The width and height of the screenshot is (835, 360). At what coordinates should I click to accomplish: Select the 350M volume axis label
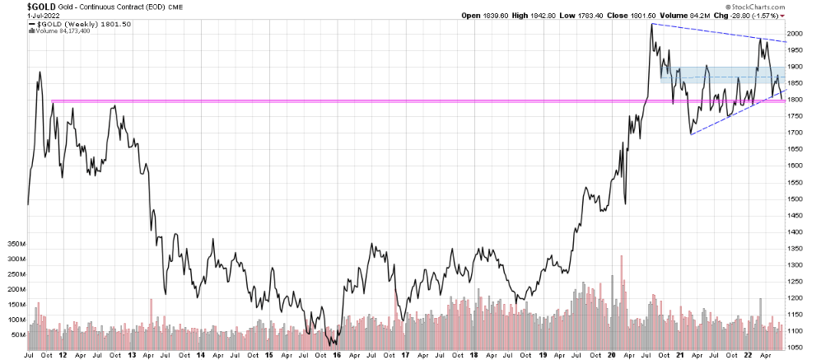16,245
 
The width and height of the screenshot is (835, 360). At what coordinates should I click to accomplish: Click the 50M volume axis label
16,334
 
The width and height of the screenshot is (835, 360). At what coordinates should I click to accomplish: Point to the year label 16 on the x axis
336,355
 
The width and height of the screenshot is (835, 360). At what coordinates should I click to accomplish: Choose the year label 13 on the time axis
133,355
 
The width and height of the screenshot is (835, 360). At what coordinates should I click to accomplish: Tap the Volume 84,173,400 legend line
63,33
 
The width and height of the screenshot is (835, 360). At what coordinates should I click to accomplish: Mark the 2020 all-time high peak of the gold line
651,25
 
